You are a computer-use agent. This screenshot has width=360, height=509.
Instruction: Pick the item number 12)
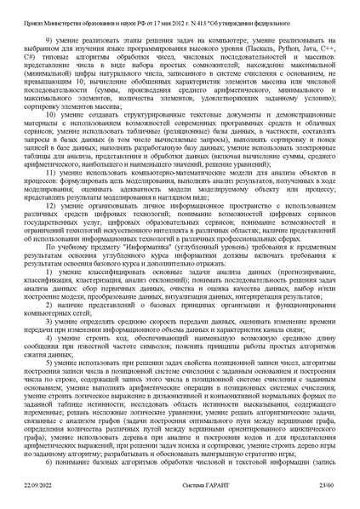[x=53, y=206]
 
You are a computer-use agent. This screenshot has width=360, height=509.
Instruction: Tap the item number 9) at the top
[x=52, y=39]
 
